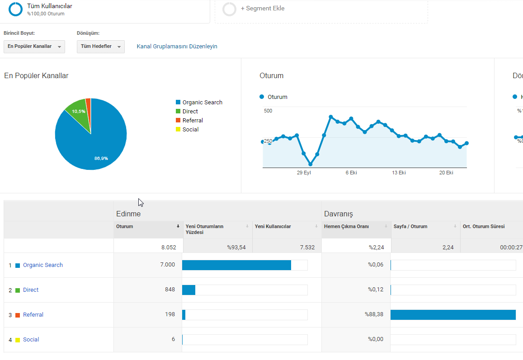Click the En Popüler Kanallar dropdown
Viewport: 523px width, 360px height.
34,47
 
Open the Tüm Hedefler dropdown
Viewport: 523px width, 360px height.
101,47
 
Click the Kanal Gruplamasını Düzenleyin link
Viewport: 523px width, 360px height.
177,47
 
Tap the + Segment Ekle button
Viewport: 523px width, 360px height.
263,8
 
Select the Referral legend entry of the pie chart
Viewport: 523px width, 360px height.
189,120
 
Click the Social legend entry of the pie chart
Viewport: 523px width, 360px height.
187,129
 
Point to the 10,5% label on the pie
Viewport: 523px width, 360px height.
79,111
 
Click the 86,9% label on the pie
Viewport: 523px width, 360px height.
101,159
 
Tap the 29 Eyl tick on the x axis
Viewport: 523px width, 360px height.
304,173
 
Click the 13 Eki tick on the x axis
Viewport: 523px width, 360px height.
399,173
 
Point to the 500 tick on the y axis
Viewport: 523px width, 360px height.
268,111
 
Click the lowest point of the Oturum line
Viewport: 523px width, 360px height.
310,164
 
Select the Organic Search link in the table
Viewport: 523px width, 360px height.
42,265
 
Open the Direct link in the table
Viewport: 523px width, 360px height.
31,290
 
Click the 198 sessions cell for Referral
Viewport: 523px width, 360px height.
170,314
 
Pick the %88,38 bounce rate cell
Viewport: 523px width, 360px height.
374,314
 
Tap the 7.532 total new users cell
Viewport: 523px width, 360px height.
307,248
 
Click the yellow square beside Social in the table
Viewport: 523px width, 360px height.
18,340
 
